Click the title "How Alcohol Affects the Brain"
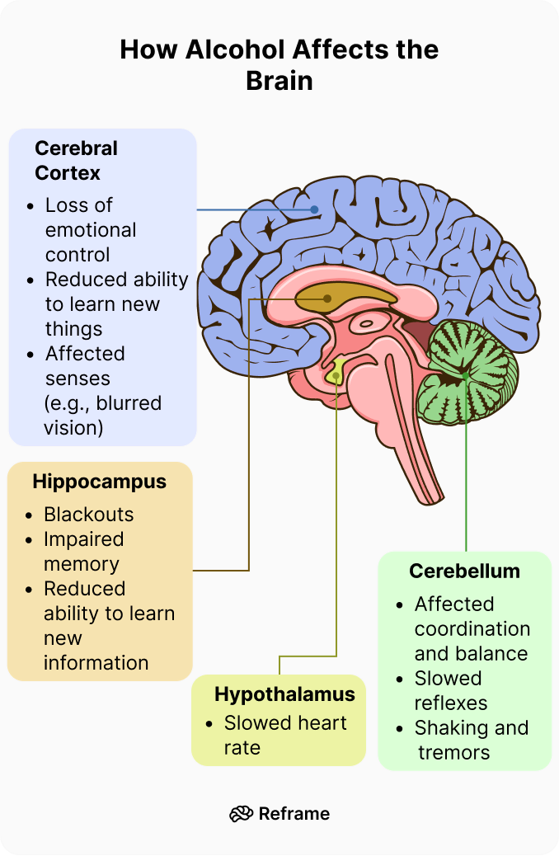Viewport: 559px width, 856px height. tap(279, 65)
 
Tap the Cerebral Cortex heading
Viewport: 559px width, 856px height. tap(76, 161)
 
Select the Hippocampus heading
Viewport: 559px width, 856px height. tap(99, 482)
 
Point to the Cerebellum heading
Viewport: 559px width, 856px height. tap(464, 571)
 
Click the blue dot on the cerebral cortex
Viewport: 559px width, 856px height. tap(315, 210)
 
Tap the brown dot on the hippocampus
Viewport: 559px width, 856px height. tap(327, 299)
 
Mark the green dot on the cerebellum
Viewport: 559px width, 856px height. tap(466, 376)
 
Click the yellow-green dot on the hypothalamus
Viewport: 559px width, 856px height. tap(336, 377)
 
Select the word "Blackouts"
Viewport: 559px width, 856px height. tap(88, 515)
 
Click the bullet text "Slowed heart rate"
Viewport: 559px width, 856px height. tap(284, 736)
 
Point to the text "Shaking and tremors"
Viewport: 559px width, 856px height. tap(470, 741)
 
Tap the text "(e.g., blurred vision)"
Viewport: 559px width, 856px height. tap(102, 416)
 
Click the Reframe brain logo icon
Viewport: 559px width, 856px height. tap(241, 814)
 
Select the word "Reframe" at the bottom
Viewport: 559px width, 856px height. tap(294, 814)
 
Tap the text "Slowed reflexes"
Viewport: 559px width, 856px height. tap(450, 691)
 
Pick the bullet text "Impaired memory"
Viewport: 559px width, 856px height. tap(82, 552)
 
